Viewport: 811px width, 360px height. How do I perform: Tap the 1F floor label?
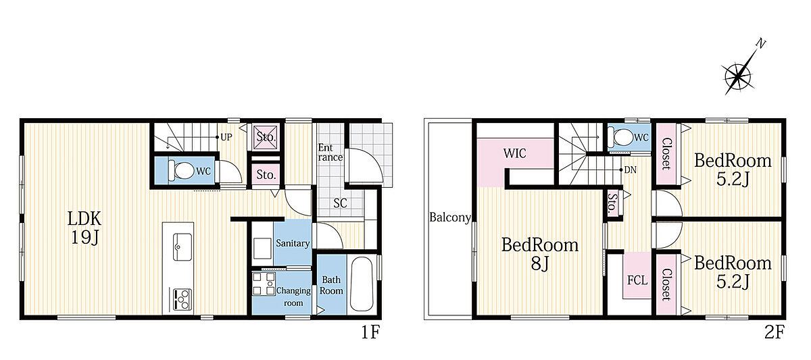[x=370, y=332]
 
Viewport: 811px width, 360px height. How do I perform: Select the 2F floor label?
[x=774, y=332]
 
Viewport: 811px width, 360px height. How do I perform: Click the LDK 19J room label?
[x=84, y=228]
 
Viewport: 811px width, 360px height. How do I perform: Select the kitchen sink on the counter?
[x=182, y=247]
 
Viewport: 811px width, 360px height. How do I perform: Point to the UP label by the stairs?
[x=226, y=137]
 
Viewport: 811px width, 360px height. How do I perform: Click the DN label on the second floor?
[x=631, y=170]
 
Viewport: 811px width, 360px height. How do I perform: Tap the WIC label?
[x=514, y=153]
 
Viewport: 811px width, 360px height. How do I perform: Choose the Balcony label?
[x=450, y=217]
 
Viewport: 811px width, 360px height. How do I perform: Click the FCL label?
[x=637, y=280]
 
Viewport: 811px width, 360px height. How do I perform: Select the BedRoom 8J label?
[x=540, y=255]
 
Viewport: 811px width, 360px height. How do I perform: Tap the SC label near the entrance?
[x=340, y=203]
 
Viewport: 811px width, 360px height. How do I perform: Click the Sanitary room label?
[x=293, y=243]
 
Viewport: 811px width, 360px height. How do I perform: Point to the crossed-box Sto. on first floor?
[x=266, y=136]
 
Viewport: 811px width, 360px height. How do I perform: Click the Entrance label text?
[x=330, y=153]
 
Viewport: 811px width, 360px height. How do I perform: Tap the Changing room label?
[x=293, y=297]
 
